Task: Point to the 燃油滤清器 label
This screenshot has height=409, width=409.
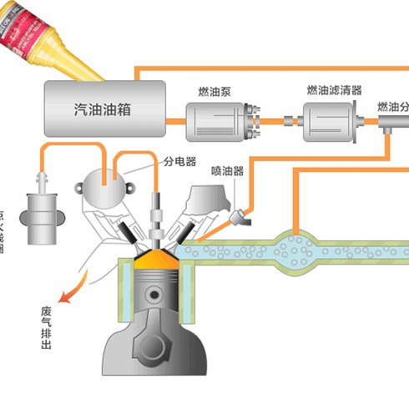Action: pyautogui.click(x=333, y=89)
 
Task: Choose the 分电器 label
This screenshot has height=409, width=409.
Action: pyautogui.click(x=179, y=162)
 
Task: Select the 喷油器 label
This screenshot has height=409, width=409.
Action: pyautogui.click(x=227, y=171)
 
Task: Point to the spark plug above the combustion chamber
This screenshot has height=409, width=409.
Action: pyautogui.click(x=155, y=213)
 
